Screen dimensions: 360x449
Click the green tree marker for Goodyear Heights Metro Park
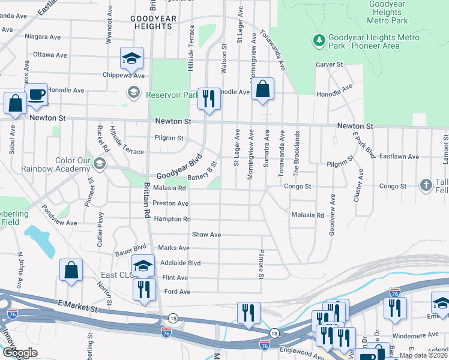click(x=319, y=41)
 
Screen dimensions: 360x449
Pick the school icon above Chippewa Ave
click(x=131, y=58)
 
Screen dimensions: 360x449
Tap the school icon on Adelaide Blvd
click(x=143, y=265)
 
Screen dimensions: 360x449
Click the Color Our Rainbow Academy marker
click(x=100, y=163)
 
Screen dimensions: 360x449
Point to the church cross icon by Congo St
click(x=426, y=185)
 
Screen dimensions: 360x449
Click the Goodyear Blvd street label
click(x=178, y=169)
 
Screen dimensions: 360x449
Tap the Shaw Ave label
click(x=206, y=235)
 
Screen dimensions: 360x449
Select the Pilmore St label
click(x=262, y=265)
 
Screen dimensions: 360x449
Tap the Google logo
click(x=19, y=353)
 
